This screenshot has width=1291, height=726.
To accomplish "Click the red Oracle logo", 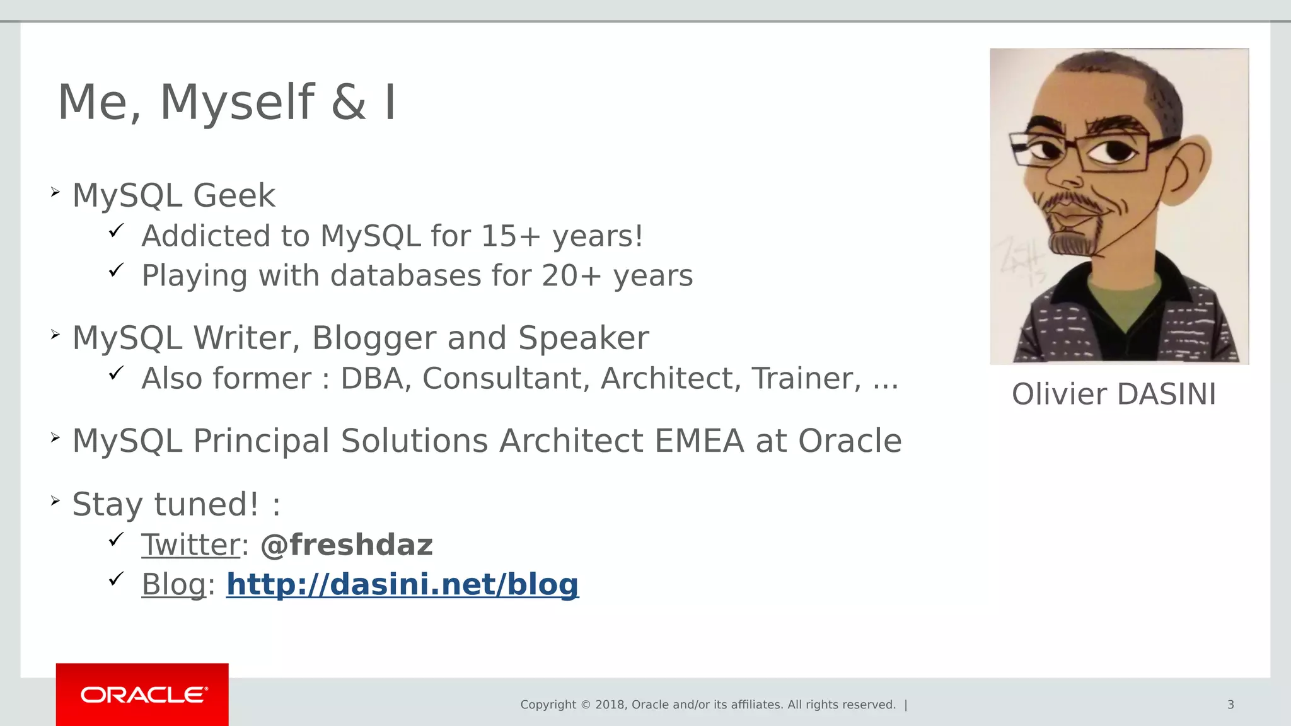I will click(142, 694).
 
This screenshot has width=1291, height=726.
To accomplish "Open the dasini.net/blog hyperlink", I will click(402, 584).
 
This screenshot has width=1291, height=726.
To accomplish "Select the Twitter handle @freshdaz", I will click(346, 545).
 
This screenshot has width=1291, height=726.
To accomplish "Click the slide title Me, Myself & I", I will click(227, 102).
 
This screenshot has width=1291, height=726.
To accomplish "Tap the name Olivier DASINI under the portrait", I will click(1114, 395).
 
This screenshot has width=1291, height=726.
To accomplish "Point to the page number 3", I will click(1230, 705).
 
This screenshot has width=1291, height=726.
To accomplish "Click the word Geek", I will click(234, 196).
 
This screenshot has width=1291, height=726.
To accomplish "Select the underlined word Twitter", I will click(190, 545).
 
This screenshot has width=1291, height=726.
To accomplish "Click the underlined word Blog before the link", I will click(174, 584).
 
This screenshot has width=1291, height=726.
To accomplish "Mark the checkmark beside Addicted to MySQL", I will click(115, 231).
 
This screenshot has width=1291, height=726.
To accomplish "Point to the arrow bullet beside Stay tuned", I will click(55, 501).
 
